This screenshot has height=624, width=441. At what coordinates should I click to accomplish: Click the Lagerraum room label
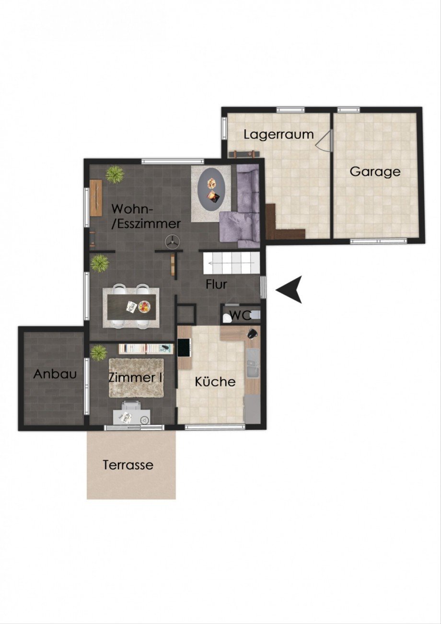pos(279,135)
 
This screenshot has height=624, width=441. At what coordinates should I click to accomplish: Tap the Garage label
pos(375,172)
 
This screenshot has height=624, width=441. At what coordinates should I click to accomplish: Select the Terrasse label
pos(128,465)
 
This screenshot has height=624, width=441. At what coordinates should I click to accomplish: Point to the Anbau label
pos(55,374)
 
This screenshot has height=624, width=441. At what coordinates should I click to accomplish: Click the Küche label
pos(215,381)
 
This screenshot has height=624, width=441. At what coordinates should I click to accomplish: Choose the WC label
pos(241,316)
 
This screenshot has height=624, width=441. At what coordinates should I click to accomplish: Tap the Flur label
pos(217,284)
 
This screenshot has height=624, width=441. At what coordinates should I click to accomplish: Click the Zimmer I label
pos(135,378)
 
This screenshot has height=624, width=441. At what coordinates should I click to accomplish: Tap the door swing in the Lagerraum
pos(323,141)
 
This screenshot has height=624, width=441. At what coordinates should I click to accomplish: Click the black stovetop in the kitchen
pos(185,347)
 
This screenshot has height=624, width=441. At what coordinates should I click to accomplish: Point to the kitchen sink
pos(253,363)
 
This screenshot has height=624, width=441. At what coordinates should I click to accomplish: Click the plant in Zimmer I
pos(99,353)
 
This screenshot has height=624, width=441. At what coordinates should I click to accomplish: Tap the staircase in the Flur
pos(231,263)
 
